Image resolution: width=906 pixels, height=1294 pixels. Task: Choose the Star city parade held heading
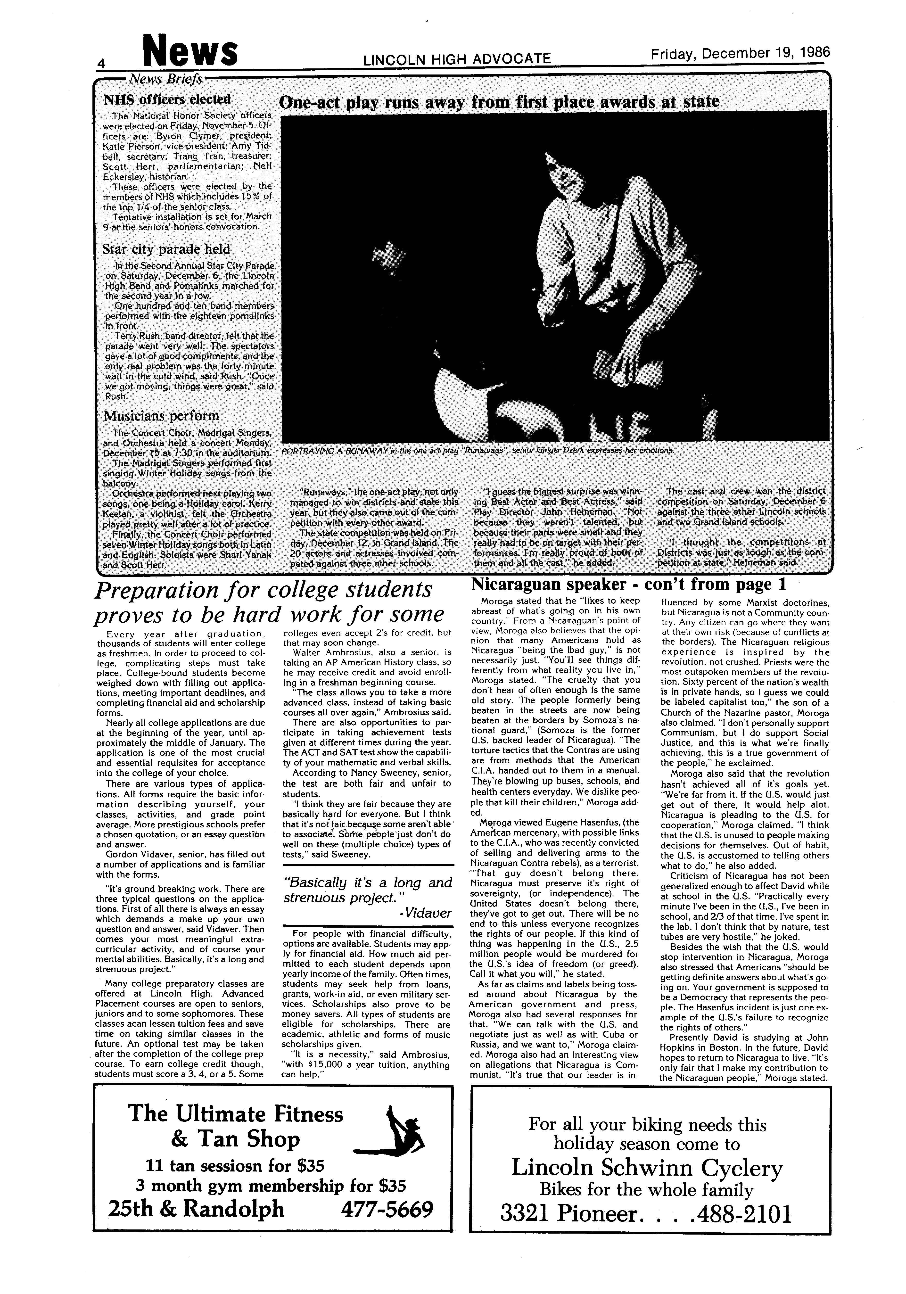pyautogui.click(x=166, y=249)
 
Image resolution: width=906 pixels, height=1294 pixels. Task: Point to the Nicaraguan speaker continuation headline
pyautogui.click(x=628, y=583)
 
